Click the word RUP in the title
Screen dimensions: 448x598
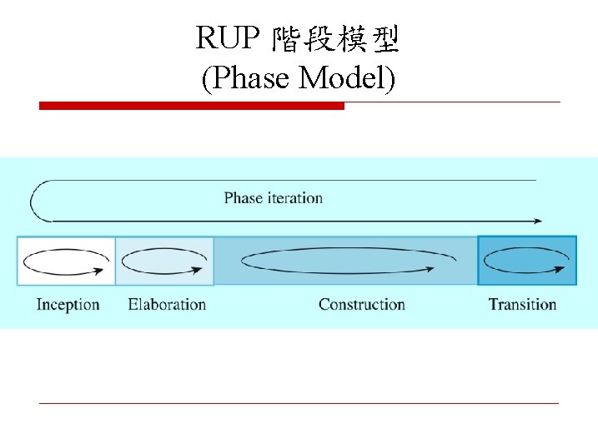[x=224, y=37]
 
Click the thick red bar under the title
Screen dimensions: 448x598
[x=192, y=106]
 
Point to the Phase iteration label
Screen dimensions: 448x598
[x=273, y=198]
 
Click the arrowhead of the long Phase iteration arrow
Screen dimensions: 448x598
[x=537, y=221]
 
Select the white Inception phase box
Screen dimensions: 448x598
[x=66, y=261]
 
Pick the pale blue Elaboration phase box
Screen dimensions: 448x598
[x=164, y=261]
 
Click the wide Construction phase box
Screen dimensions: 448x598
[x=345, y=261]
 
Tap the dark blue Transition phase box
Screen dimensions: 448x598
[x=526, y=261]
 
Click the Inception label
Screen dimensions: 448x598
[x=68, y=305]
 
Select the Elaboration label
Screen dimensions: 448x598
[x=167, y=305]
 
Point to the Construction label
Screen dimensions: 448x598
[x=361, y=305]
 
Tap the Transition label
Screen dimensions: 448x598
[x=522, y=305]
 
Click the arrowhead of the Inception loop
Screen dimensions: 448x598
[x=106, y=269]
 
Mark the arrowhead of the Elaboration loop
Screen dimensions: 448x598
[x=200, y=269]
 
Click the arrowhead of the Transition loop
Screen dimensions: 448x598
[x=565, y=268]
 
